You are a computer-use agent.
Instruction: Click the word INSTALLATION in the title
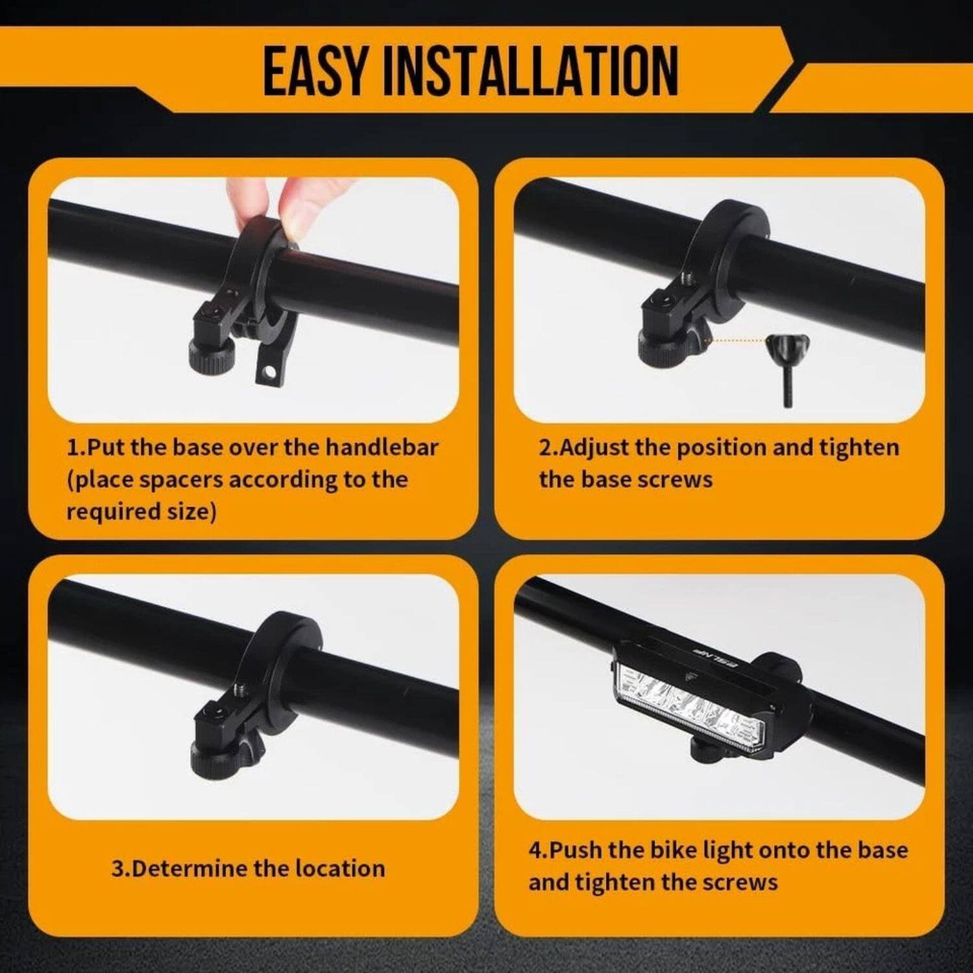pos(530,71)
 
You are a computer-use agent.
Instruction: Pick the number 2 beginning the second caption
pos(544,448)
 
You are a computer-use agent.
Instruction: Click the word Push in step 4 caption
pos(575,850)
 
